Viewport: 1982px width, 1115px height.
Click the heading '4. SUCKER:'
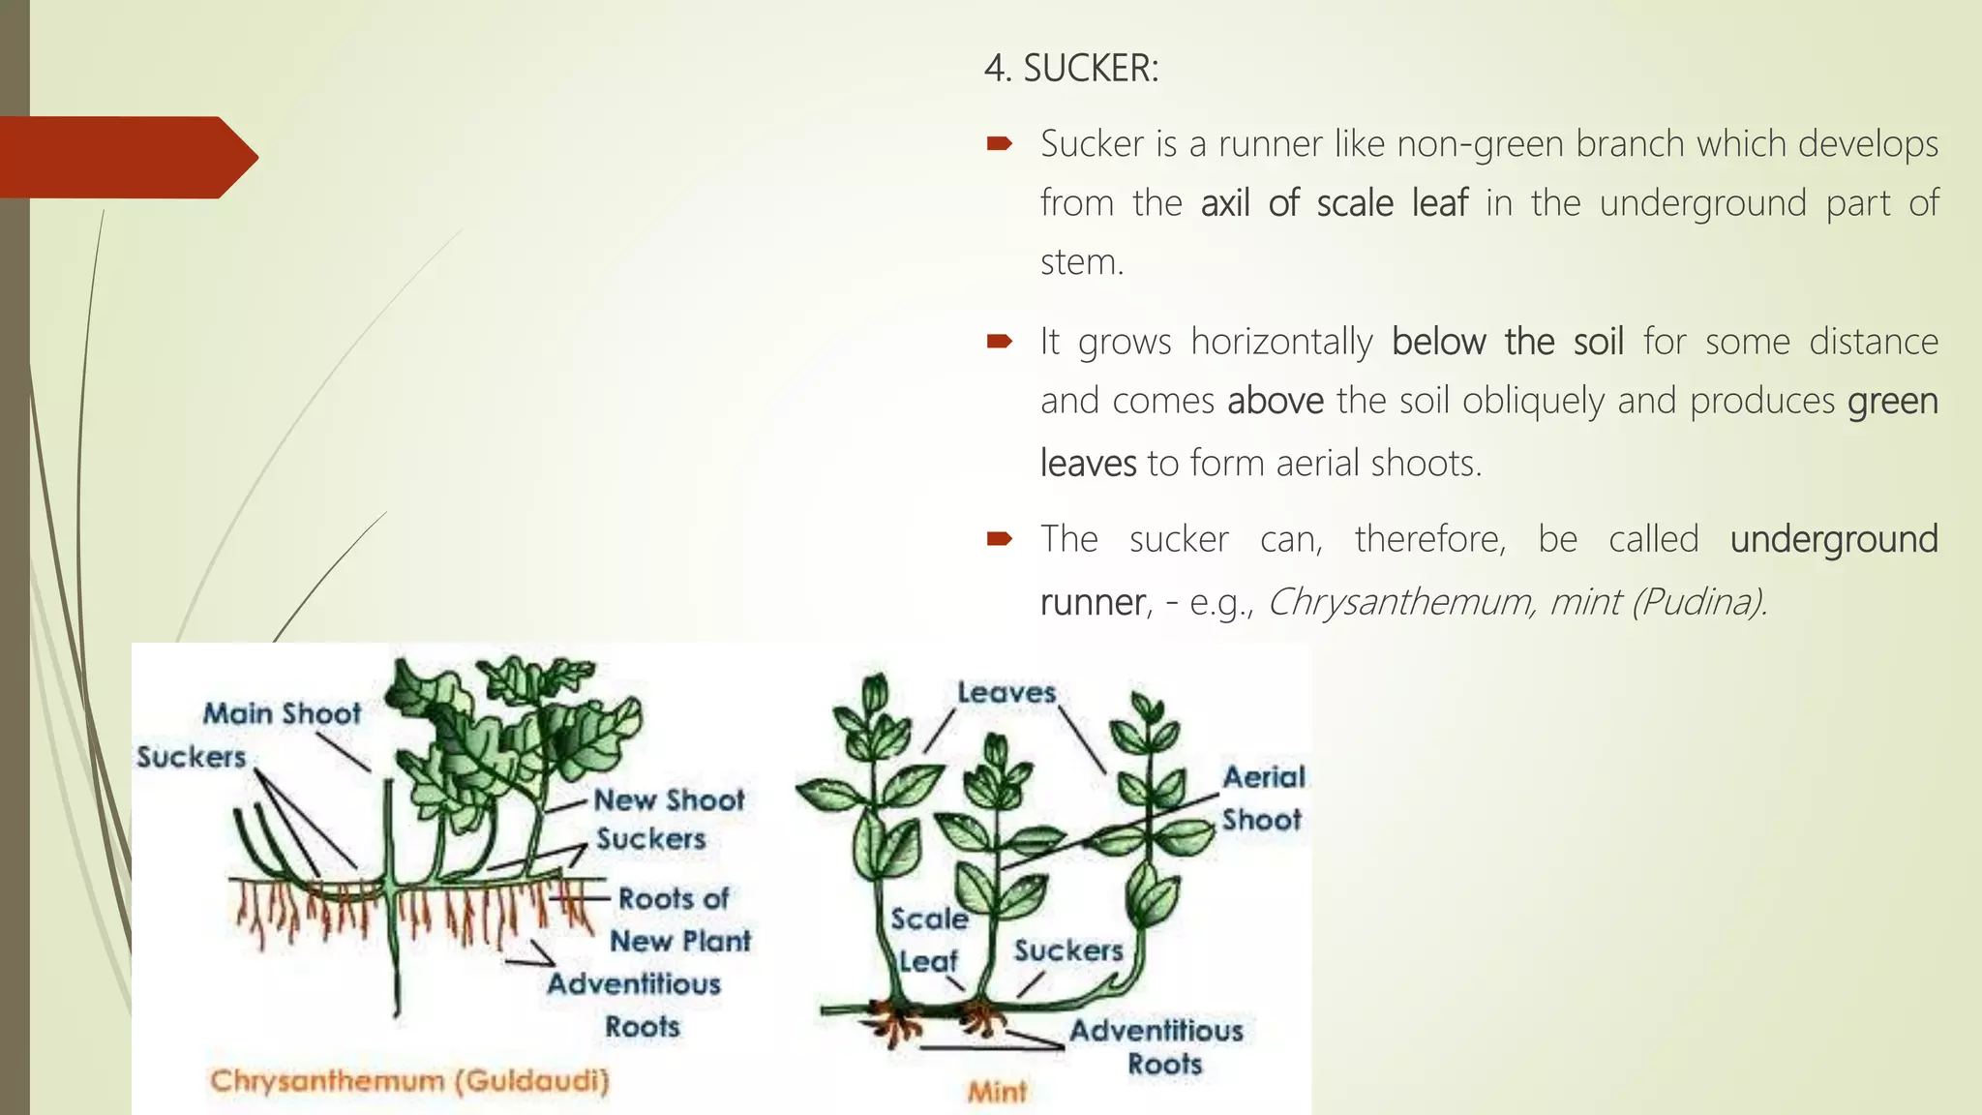point(1070,69)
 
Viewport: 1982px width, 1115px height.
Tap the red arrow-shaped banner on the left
point(126,157)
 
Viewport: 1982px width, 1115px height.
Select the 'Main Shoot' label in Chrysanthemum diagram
point(282,714)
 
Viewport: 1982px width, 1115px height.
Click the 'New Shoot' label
point(669,800)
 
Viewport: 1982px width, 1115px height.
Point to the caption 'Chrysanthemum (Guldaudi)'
point(409,1080)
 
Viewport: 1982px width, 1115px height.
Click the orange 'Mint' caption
point(997,1092)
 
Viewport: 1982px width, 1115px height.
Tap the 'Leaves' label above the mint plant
point(1006,693)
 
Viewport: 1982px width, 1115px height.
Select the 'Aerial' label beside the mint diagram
point(1263,777)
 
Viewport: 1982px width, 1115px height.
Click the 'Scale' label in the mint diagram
point(929,919)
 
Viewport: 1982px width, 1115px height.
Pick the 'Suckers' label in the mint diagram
point(1068,950)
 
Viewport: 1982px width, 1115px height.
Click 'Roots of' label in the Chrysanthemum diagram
point(674,899)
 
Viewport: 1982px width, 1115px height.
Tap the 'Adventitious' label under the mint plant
point(1156,1031)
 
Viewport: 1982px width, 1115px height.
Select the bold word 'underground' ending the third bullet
point(1833,539)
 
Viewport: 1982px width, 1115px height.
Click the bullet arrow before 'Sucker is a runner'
point(999,144)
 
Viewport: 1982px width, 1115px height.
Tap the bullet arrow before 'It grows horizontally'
point(999,341)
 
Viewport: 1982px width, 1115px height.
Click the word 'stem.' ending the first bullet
point(1081,262)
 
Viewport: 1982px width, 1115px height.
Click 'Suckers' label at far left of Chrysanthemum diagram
point(192,757)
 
